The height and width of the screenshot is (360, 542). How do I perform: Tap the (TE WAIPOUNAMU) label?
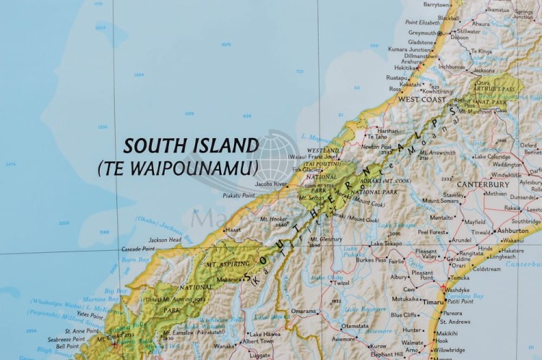click(178, 168)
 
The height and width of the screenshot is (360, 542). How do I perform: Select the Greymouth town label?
click(423, 33)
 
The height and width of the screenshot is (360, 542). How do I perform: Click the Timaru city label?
click(434, 301)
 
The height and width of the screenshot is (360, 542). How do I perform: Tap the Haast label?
click(233, 229)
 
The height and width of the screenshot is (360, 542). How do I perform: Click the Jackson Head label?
click(165, 239)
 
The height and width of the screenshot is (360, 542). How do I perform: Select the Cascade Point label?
click(138, 249)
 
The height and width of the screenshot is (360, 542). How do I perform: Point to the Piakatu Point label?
click(238, 195)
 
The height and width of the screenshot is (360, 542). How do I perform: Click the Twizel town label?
click(341, 283)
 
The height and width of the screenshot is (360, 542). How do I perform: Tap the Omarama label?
click(304, 312)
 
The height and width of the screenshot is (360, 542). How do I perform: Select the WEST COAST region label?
click(421, 99)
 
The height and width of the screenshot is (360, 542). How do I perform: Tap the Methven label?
click(496, 194)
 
